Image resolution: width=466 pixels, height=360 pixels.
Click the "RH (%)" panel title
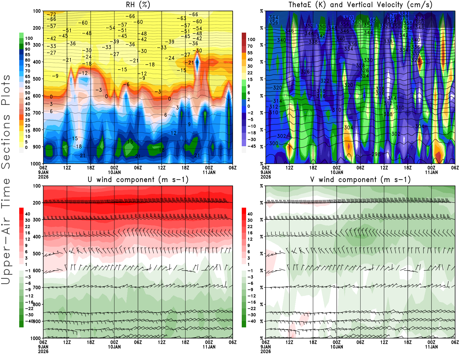(x=138, y=5)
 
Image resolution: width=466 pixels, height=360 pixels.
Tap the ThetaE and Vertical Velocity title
(x=360, y=5)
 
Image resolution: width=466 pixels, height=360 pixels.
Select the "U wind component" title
(x=138, y=179)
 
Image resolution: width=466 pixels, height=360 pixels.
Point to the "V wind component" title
(x=360, y=179)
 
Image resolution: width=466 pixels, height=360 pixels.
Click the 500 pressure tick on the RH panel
(x=37, y=79)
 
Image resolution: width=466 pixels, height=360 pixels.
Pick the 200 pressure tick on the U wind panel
(x=37, y=203)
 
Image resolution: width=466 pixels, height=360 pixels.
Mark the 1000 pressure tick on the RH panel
(x=36, y=164)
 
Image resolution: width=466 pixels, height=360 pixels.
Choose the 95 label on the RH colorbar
(x=27, y=44)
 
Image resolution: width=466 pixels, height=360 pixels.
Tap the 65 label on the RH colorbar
(x=27, y=77)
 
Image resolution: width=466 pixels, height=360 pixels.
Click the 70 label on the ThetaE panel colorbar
(x=250, y=46)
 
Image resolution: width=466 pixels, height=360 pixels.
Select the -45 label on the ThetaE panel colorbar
(x=251, y=146)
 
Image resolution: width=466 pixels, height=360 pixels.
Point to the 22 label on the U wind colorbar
(x=27, y=227)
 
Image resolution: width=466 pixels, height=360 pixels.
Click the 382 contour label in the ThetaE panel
(x=403, y=14)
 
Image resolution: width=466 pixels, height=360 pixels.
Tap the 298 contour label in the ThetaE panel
(x=376, y=154)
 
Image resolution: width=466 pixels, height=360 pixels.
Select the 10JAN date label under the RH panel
(x=114, y=172)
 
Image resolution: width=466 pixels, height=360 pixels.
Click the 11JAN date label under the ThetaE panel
(x=431, y=172)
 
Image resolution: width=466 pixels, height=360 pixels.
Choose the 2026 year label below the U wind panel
(x=43, y=351)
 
